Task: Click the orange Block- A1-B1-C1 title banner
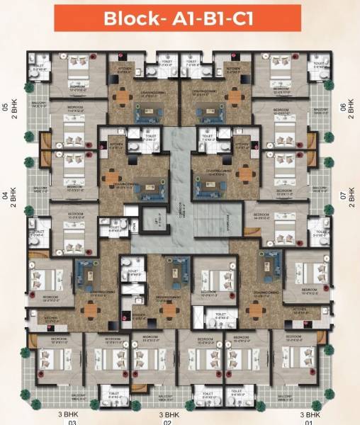[180, 19]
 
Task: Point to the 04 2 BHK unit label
[10, 195]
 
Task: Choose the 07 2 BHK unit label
[348, 195]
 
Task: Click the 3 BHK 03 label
[72, 417]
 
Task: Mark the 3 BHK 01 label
[309, 417]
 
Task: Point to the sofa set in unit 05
[150, 110]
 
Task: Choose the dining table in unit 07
[244, 174]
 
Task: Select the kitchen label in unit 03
[50, 319]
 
